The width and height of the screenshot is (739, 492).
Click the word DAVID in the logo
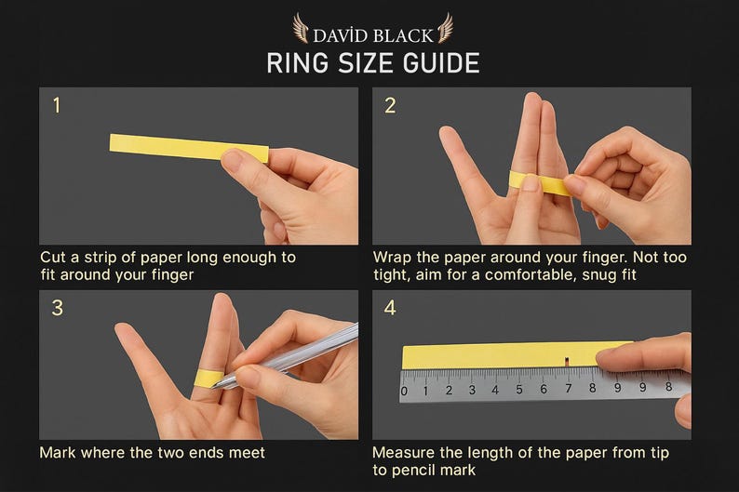341,35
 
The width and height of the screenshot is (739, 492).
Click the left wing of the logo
301,28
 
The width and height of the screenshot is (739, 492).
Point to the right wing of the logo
445,28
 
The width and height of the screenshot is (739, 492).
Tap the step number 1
57,105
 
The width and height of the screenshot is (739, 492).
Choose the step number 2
390,105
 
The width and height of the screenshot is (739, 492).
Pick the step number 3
57,308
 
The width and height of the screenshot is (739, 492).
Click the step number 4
390,308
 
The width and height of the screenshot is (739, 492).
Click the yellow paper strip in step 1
189,147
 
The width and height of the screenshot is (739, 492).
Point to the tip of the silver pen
212,387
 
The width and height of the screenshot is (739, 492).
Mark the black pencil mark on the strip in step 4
567,361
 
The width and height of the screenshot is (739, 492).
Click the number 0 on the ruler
404,392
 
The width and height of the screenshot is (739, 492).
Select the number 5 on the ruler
519,390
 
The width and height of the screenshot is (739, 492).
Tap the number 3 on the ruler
472,390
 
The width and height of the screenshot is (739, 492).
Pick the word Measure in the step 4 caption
403,452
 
